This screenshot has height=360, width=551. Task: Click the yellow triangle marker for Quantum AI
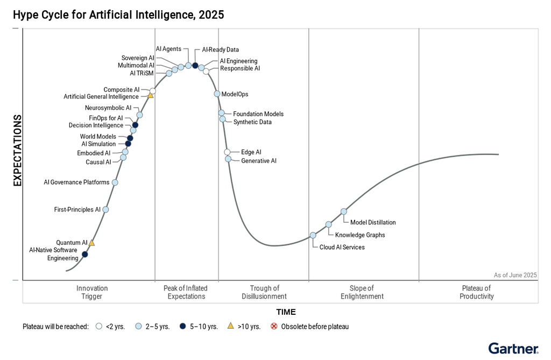pos(91,243)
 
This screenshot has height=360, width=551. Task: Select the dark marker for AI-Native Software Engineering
pos(84,254)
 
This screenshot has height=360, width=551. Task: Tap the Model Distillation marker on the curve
pos(344,211)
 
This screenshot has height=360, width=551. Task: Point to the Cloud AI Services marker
pos(313,235)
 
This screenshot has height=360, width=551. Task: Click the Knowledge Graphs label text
pos(360,235)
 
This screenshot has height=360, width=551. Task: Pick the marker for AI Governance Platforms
pos(115,182)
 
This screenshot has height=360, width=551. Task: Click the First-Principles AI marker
pos(105,209)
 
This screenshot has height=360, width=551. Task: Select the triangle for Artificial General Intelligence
pos(151,95)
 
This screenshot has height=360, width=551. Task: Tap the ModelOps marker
pos(217,94)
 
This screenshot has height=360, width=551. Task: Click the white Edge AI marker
pos(228,152)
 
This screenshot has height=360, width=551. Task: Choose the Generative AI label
pos(259,161)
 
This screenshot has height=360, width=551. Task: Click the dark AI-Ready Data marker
pos(195,66)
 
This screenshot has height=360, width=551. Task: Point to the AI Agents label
pos(168,49)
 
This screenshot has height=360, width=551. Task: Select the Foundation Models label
pos(258,114)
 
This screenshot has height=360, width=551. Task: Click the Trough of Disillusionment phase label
pos(264,292)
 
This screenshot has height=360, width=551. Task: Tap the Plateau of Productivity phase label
pos(477,292)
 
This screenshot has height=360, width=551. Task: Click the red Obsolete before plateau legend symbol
pos(274,326)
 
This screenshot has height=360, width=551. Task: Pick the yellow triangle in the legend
pos(230,326)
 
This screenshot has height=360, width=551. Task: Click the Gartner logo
pos(513,348)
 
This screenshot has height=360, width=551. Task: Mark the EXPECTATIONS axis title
pos(18,151)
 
